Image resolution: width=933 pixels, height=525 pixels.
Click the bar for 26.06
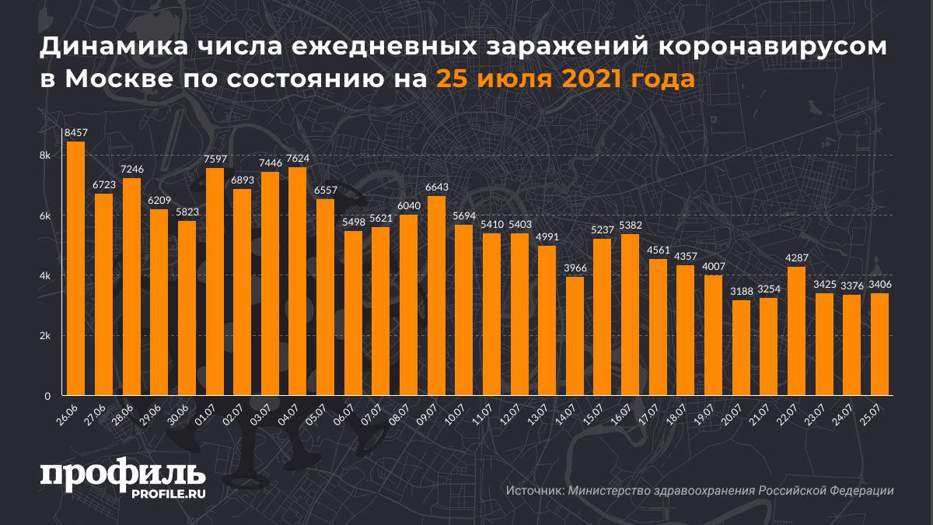click(x=75, y=268)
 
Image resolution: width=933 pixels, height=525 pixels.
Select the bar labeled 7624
click(x=297, y=281)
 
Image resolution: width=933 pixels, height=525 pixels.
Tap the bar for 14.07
click(x=574, y=336)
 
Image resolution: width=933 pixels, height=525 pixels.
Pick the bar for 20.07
click(x=740, y=348)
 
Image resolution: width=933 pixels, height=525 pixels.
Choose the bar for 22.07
click(x=796, y=331)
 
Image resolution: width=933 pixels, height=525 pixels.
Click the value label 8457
click(x=75, y=134)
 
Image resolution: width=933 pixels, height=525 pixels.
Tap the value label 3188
click(x=740, y=292)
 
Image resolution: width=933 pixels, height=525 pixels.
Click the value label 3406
click(x=879, y=285)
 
